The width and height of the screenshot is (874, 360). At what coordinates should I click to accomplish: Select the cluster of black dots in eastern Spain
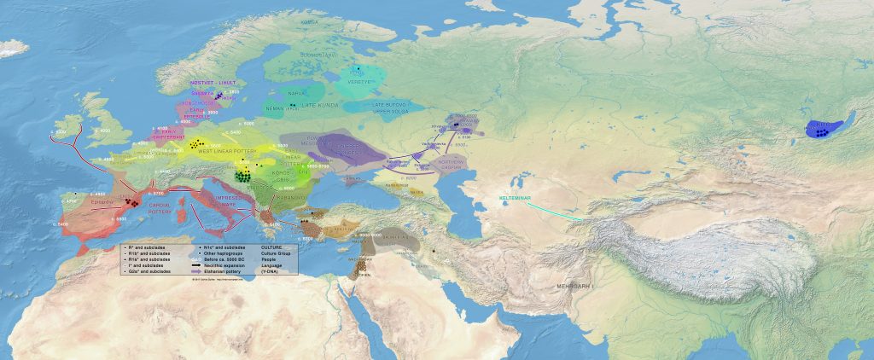pyautogui.click(x=132, y=203)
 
